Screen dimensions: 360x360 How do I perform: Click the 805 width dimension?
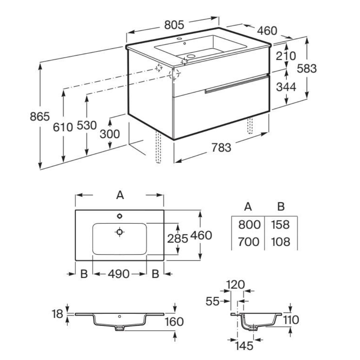[174, 25]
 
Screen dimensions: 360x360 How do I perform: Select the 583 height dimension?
[307, 68]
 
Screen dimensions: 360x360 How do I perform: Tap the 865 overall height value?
[39, 116]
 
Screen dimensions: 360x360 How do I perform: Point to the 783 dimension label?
[221, 147]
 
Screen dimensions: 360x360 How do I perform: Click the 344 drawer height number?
[286, 87]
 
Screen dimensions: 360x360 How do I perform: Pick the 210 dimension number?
[286, 56]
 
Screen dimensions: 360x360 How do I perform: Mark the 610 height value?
[63, 126]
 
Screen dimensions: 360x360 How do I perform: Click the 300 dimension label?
[110, 134]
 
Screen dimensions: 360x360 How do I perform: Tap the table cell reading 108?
[280, 242]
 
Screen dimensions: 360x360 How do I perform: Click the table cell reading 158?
[280, 225]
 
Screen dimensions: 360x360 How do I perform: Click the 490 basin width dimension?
[119, 274]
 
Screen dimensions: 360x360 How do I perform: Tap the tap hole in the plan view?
[120, 216]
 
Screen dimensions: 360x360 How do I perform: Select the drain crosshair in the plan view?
[120, 232]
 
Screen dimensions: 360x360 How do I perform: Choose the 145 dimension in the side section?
[245, 346]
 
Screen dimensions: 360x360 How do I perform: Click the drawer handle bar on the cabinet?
[236, 83]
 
